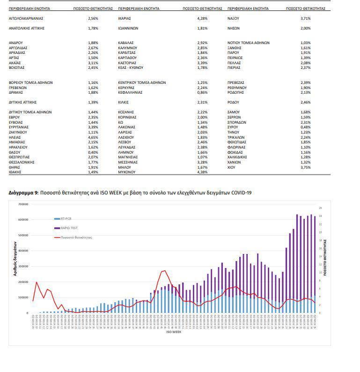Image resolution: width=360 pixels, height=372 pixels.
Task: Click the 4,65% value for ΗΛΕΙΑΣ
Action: coord(93,137)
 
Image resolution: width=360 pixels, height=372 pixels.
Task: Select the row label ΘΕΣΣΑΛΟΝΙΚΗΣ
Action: coord(22,162)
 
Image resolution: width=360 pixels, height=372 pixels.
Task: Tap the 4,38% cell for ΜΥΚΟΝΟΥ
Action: coord(203,172)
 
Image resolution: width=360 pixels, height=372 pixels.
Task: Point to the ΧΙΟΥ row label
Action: coord(232,167)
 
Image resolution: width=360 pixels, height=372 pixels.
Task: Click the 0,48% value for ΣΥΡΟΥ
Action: coord(306,127)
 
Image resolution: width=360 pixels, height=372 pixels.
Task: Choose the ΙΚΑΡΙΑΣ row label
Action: coord(125,18)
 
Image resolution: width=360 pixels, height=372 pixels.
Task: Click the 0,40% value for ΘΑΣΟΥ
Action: coord(93,152)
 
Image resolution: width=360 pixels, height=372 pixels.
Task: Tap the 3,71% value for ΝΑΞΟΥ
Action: coord(306,18)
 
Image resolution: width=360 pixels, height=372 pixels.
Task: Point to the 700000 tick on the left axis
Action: coord(23,204)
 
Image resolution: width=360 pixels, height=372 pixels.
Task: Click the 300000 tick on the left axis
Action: coord(23,266)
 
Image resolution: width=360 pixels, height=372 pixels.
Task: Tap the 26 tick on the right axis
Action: coord(320,208)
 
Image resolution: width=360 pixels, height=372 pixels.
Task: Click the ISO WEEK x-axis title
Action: coord(173,332)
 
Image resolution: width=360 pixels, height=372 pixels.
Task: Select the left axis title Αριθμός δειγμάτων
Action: coord(15,259)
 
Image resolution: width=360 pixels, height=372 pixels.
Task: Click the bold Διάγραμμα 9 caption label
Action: coord(23,193)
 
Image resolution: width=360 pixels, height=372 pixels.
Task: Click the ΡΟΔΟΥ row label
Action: coord(234,102)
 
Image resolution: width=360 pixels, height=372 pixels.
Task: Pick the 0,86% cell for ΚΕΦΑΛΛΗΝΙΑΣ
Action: coord(203,92)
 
